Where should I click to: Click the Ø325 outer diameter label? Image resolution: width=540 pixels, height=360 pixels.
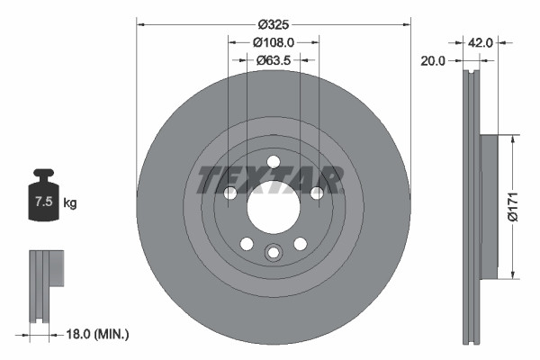[x=274, y=24]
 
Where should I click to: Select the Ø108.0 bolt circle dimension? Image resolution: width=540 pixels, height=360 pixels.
[x=274, y=41]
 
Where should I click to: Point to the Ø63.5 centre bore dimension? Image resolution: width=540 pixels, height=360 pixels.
[x=274, y=60]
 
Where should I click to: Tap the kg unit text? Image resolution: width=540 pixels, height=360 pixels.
[x=70, y=204]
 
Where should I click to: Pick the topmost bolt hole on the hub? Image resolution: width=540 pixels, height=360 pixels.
[x=274, y=162]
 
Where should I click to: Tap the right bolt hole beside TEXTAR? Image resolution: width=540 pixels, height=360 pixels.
[x=317, y=193]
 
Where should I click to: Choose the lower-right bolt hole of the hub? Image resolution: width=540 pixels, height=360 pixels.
[x=301, y=244]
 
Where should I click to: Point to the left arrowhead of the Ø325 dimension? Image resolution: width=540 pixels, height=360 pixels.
[x=140, y=24]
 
